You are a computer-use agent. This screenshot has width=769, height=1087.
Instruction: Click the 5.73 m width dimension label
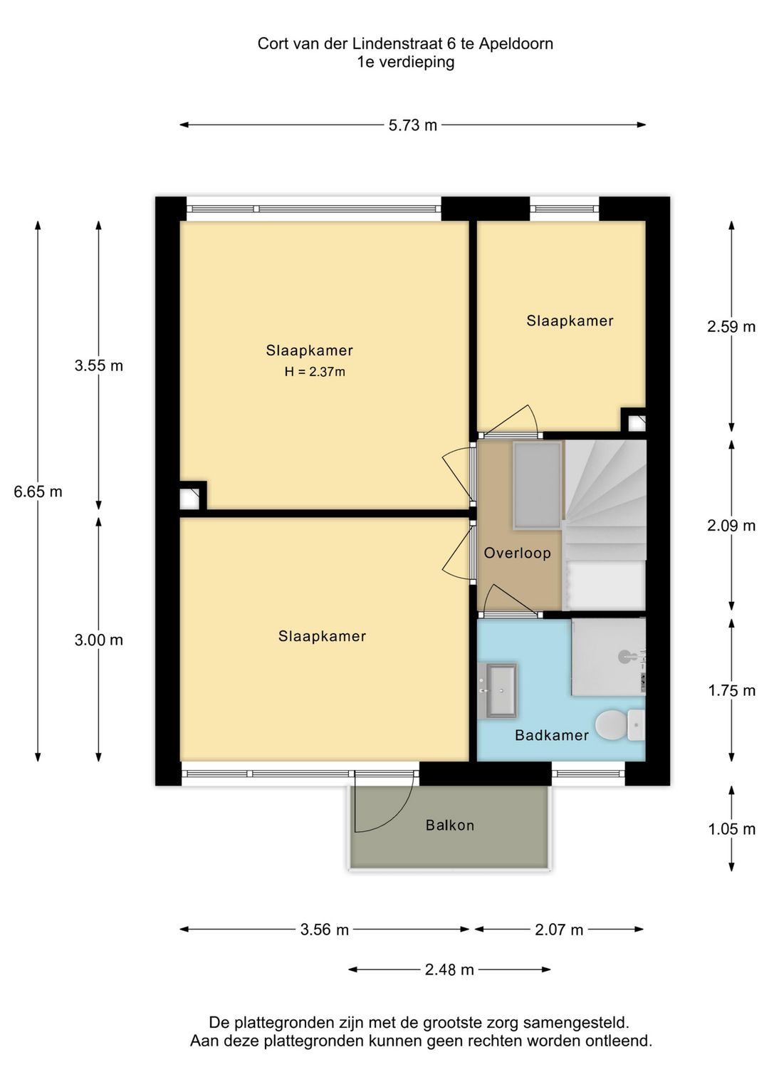coord(412,125)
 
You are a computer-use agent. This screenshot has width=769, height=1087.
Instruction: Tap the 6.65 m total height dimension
coord(38,492)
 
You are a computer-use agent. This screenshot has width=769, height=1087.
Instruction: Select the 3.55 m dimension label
coord(98,365)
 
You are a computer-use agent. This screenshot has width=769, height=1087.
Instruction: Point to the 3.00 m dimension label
coord(98,640)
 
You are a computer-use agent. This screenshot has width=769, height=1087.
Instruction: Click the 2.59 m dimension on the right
coord(731,326)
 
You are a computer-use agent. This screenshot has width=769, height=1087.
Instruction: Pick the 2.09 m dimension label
coord(731,526)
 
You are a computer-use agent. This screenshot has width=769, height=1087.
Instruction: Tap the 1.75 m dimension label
coord(731,690)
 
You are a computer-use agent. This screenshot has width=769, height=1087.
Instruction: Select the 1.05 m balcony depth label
coord(731,829)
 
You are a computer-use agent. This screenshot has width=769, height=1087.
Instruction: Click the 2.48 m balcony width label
coord(449,969)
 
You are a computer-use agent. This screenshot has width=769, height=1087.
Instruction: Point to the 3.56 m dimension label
coord(324,930)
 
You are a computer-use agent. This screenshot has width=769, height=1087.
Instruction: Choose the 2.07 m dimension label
coord(559,930)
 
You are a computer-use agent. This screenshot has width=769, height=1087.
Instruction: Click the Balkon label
coord(449,825)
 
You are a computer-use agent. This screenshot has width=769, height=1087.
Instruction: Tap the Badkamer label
coord(551,735)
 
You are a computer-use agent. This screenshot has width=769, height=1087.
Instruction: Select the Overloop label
coord(517,553)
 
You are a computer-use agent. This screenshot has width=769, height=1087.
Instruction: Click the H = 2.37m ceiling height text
coord(314,372)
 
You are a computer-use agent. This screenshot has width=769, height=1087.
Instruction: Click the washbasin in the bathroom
coord(501,690)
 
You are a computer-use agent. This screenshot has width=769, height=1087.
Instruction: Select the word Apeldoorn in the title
coord(516,43)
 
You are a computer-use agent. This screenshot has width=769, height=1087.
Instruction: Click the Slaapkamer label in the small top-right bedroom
coord(570,321)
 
